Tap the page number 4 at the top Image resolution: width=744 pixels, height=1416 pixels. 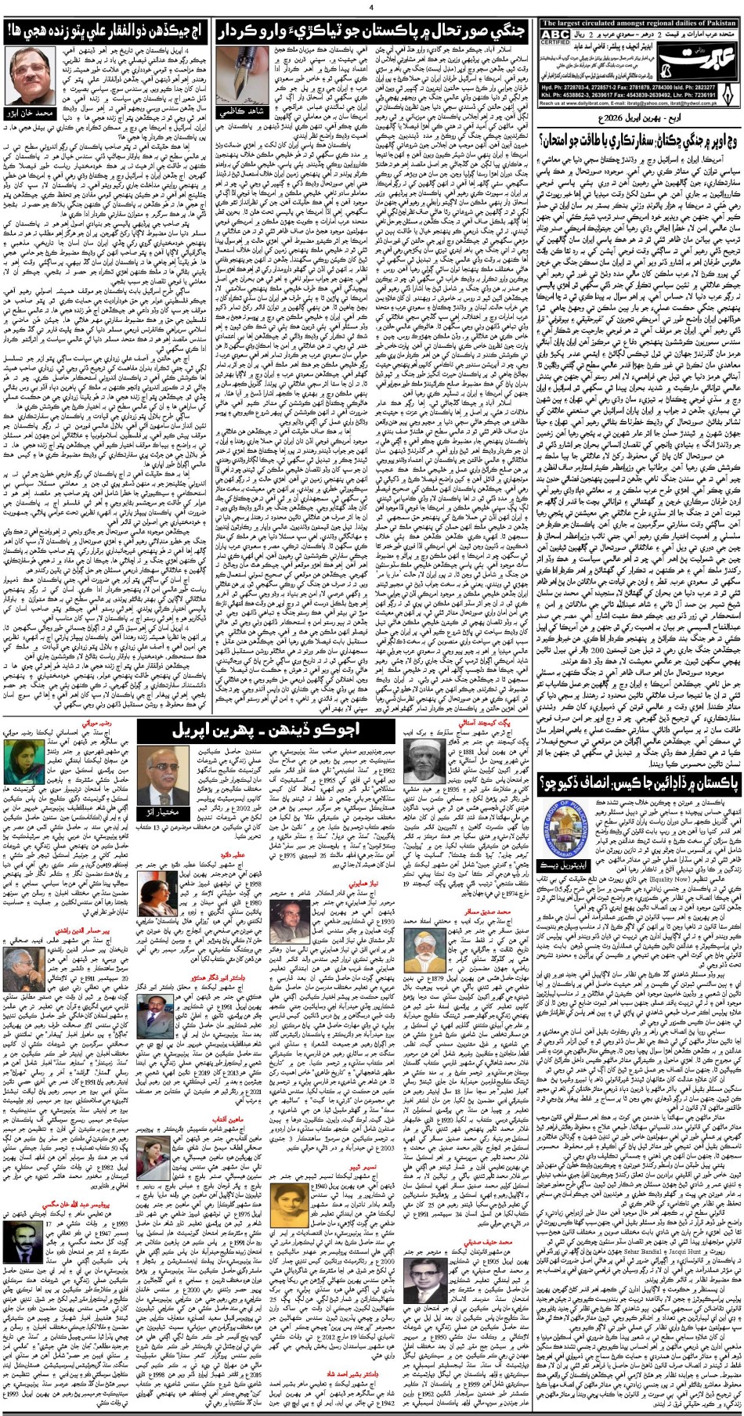coord(372,7)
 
